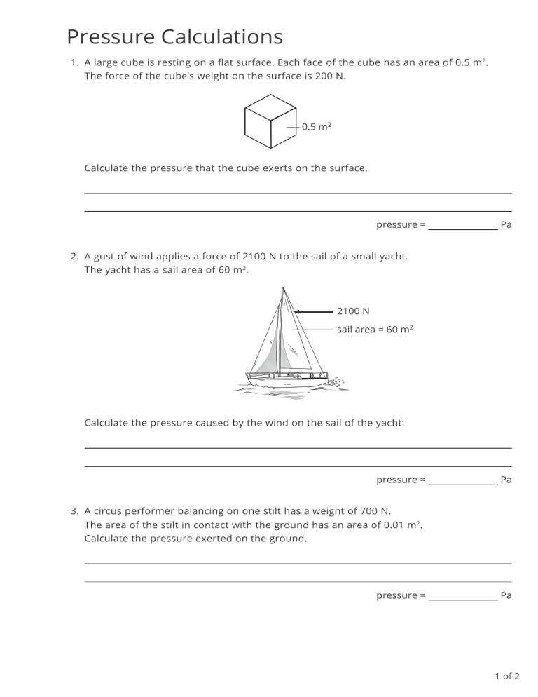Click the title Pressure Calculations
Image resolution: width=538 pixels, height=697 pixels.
click(x=174, y=36)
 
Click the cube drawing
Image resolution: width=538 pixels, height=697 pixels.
click(x=270, y=121)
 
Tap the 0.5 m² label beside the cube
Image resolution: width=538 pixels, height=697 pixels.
click(x=316, y=127)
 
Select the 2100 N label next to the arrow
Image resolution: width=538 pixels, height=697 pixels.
click(x=353, y=311)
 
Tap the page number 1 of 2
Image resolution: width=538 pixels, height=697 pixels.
click(x=507, y=677)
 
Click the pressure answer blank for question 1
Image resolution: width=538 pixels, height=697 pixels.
click(x=462, y=225)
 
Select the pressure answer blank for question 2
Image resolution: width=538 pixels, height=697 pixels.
click(x=462, y=480)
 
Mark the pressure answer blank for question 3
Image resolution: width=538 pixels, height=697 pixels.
click(x=462, y=596)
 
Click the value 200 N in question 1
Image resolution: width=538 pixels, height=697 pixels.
click(x=330, y=76)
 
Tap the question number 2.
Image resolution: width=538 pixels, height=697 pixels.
click(x=74, y=257)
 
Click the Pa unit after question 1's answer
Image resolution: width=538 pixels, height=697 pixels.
click(x=506, y=225)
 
